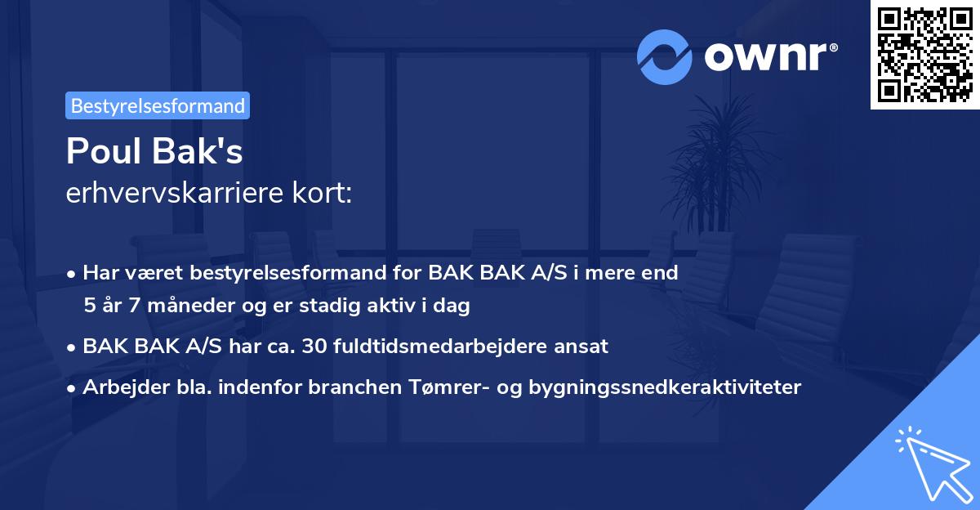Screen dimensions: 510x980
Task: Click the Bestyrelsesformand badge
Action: point(158,105)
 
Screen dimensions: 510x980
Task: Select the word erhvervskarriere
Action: point(166,193)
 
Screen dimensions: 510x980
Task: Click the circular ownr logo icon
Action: point(665,56)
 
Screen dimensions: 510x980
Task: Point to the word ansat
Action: point(583,347)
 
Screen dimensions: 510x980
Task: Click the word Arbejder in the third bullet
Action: point(118,387)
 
